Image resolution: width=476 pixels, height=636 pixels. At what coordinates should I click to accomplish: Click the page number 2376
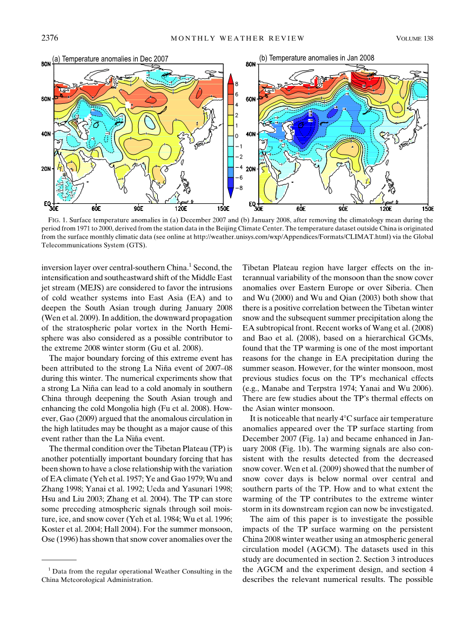pyautogui.click(x=50, y=38)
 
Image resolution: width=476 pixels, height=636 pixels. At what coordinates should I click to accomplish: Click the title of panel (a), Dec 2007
pyautogui.click(x=110, y=58)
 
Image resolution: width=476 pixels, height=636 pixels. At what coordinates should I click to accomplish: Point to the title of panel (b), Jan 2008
pyautogui.click(x=317, y=57)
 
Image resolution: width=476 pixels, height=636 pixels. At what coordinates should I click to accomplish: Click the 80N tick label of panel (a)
pyautogui.click(x=46, y=64)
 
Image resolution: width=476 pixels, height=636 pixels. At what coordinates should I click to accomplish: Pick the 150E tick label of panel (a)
pyautogui.click(x=223, y=208)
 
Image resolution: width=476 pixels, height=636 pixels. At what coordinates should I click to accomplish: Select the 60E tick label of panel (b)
pyautogui.click(x=301, y=208)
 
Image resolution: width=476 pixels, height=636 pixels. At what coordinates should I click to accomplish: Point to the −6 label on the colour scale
pyautogui.click(x=238, y=177)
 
